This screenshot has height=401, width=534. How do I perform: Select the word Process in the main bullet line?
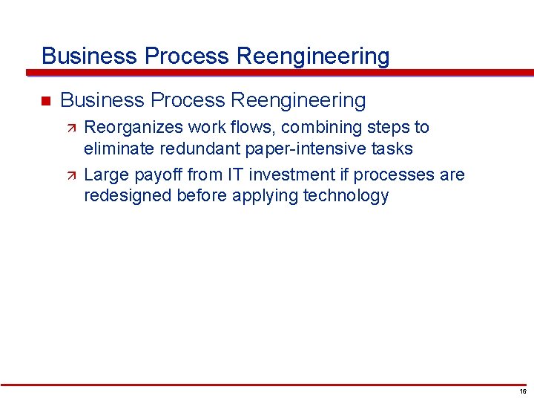click(x=185, y=100)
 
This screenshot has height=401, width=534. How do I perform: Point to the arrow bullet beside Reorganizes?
click(x=72, y=128)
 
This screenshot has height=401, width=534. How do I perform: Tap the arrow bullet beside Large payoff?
click(x=72, y=175)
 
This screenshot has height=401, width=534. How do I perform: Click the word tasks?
click(x=392, y=149)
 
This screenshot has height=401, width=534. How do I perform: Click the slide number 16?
click(x=523, y=391)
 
